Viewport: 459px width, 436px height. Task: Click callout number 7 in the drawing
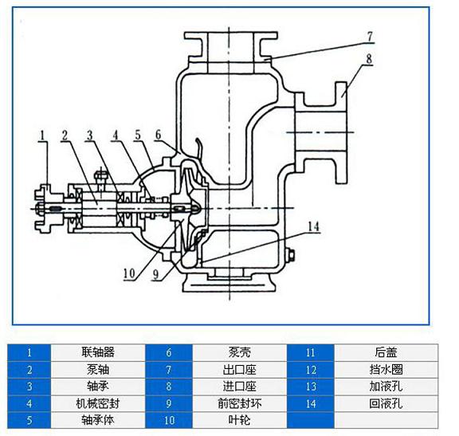(370, 37)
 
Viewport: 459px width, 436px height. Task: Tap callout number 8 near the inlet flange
(369, 59)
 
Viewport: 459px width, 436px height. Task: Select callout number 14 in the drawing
(313, 226)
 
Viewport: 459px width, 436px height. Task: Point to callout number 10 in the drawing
(129, 273)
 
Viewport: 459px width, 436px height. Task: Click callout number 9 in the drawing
(156, 274)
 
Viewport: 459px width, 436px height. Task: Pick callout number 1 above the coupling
(43, 136)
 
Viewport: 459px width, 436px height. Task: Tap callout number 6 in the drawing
(158, 135)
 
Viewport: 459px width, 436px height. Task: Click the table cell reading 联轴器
(98, 352)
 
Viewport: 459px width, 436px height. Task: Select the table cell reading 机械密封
(98, 403)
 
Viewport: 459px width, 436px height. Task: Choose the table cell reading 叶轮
(239, 420)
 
